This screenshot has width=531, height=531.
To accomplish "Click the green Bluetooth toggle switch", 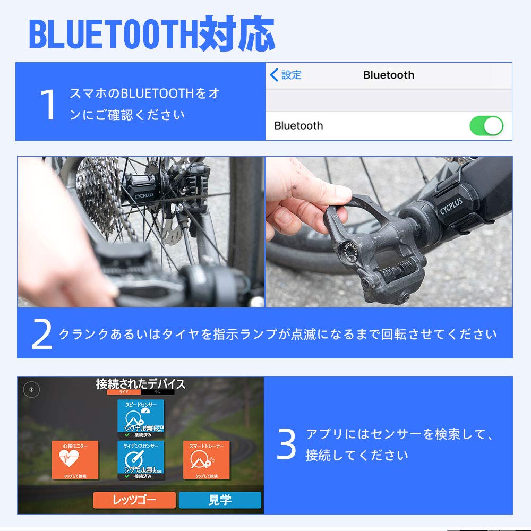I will [486, 126].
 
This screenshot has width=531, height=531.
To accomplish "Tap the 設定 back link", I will [286, 75].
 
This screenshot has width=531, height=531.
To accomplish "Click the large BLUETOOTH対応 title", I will [152, 35].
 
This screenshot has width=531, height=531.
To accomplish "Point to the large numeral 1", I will [48, 105].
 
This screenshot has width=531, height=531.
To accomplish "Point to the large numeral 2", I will [42, 335].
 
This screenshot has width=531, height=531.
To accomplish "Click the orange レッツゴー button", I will [134, 500].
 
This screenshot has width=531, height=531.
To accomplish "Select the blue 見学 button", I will [220, 500].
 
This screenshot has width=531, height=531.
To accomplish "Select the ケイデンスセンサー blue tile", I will [141, 460].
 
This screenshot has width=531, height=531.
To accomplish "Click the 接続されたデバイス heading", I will [141, 384].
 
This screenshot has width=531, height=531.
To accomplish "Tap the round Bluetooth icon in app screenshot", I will [31, 389].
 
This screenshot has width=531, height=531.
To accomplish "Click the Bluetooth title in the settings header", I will [388, 75].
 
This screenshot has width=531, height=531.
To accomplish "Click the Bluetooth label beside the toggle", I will [298, 126].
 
